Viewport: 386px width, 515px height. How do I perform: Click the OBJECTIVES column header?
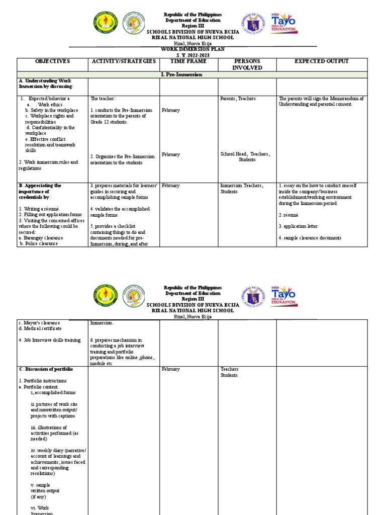(52, 61)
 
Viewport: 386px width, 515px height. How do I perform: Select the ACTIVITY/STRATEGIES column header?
(123, 61)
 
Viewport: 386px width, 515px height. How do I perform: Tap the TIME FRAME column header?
(188, 61)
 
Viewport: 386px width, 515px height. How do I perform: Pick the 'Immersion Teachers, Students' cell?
(241, 189)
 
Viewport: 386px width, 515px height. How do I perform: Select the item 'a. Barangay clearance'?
(41, 238)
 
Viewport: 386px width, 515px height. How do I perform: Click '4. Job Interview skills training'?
(49, 340)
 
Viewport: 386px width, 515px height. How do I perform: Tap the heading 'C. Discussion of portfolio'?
(46, 369)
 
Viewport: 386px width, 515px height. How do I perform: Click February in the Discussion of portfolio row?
(171, 369)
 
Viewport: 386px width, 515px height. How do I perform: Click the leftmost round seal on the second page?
(106, 296)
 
